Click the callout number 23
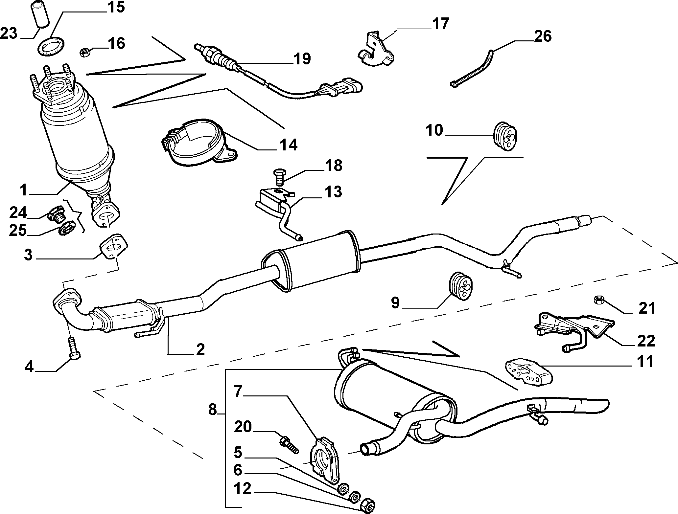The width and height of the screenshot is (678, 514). coord(9,34)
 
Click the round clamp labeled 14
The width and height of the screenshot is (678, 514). coord(199,143)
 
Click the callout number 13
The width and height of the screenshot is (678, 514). coord(333,191)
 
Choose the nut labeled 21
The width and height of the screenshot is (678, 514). coord(598,300)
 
